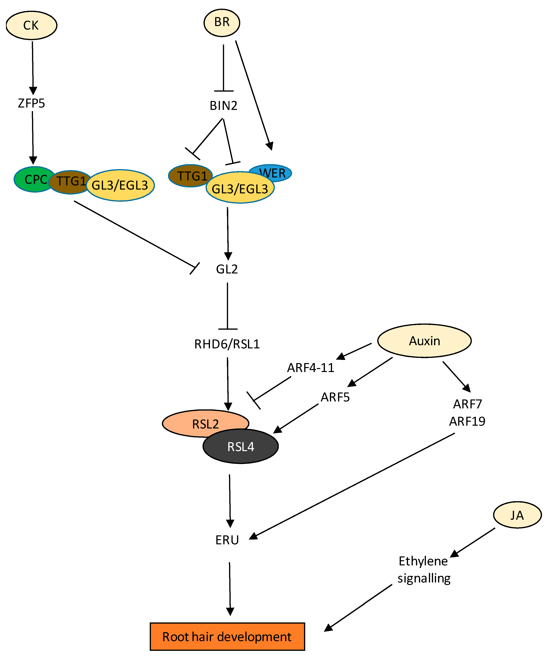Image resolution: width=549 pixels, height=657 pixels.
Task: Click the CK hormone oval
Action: point(31,25)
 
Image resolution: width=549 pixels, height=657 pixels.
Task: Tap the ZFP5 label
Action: point(31,103)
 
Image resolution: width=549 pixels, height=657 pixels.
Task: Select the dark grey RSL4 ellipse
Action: point(240,447)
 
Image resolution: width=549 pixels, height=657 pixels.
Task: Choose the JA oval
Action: point(517,515)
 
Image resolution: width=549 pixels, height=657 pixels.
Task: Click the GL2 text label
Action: point(227,269)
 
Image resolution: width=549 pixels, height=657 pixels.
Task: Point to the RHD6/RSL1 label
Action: point(227,344)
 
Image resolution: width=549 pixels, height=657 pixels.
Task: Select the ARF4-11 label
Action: point(311,368)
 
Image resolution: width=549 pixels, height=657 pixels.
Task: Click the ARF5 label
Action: point(335,397)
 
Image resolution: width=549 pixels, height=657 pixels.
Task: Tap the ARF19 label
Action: point(467,422)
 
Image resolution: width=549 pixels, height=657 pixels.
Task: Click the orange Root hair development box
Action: point(227,637)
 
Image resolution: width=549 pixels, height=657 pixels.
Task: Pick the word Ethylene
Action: point(423,561)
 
